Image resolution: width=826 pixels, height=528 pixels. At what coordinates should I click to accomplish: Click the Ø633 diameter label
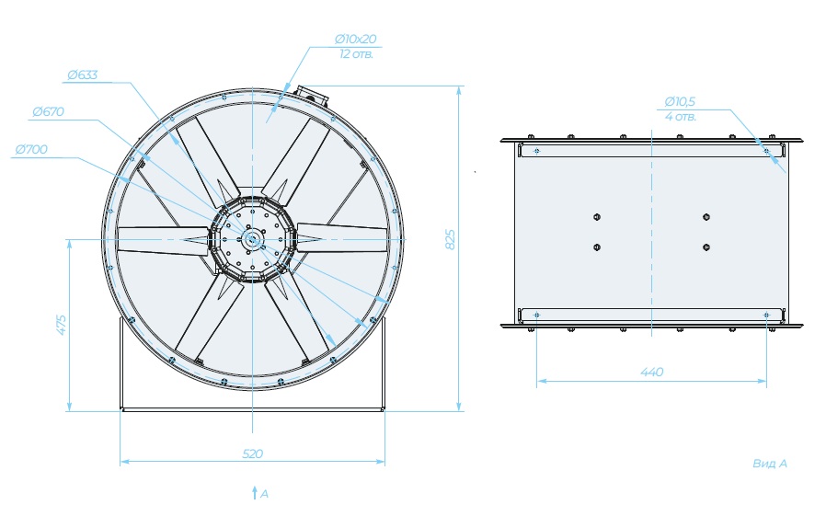pyautogui.click(x=83, y=75)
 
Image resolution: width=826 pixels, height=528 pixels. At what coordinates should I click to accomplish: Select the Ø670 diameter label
pyautogui.click(x=48, y=111)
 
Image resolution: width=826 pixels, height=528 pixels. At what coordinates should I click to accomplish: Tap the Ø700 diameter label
pyautogui.click(x=31, y=150)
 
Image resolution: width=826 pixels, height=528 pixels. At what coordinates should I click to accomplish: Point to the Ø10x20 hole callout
pyautogui.click(x=356, y=39)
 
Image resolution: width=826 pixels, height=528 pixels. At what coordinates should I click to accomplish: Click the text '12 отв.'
pyautogui.click(x=356, y=54)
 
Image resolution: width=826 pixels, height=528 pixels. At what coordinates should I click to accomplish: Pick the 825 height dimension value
pyautogui.click(x=451, y=239)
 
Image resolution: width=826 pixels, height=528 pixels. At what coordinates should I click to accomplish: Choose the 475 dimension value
pyautogui.click(x=62, y=325)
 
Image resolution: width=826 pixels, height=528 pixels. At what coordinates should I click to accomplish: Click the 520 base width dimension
pyautogui.click(x=252, y=453)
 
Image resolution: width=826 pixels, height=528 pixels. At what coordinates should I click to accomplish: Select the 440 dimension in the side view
pyautogui.click(x=651, y=372)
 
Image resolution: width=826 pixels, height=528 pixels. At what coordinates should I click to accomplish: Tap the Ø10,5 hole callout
pyautogui.click(x=680, y=101)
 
